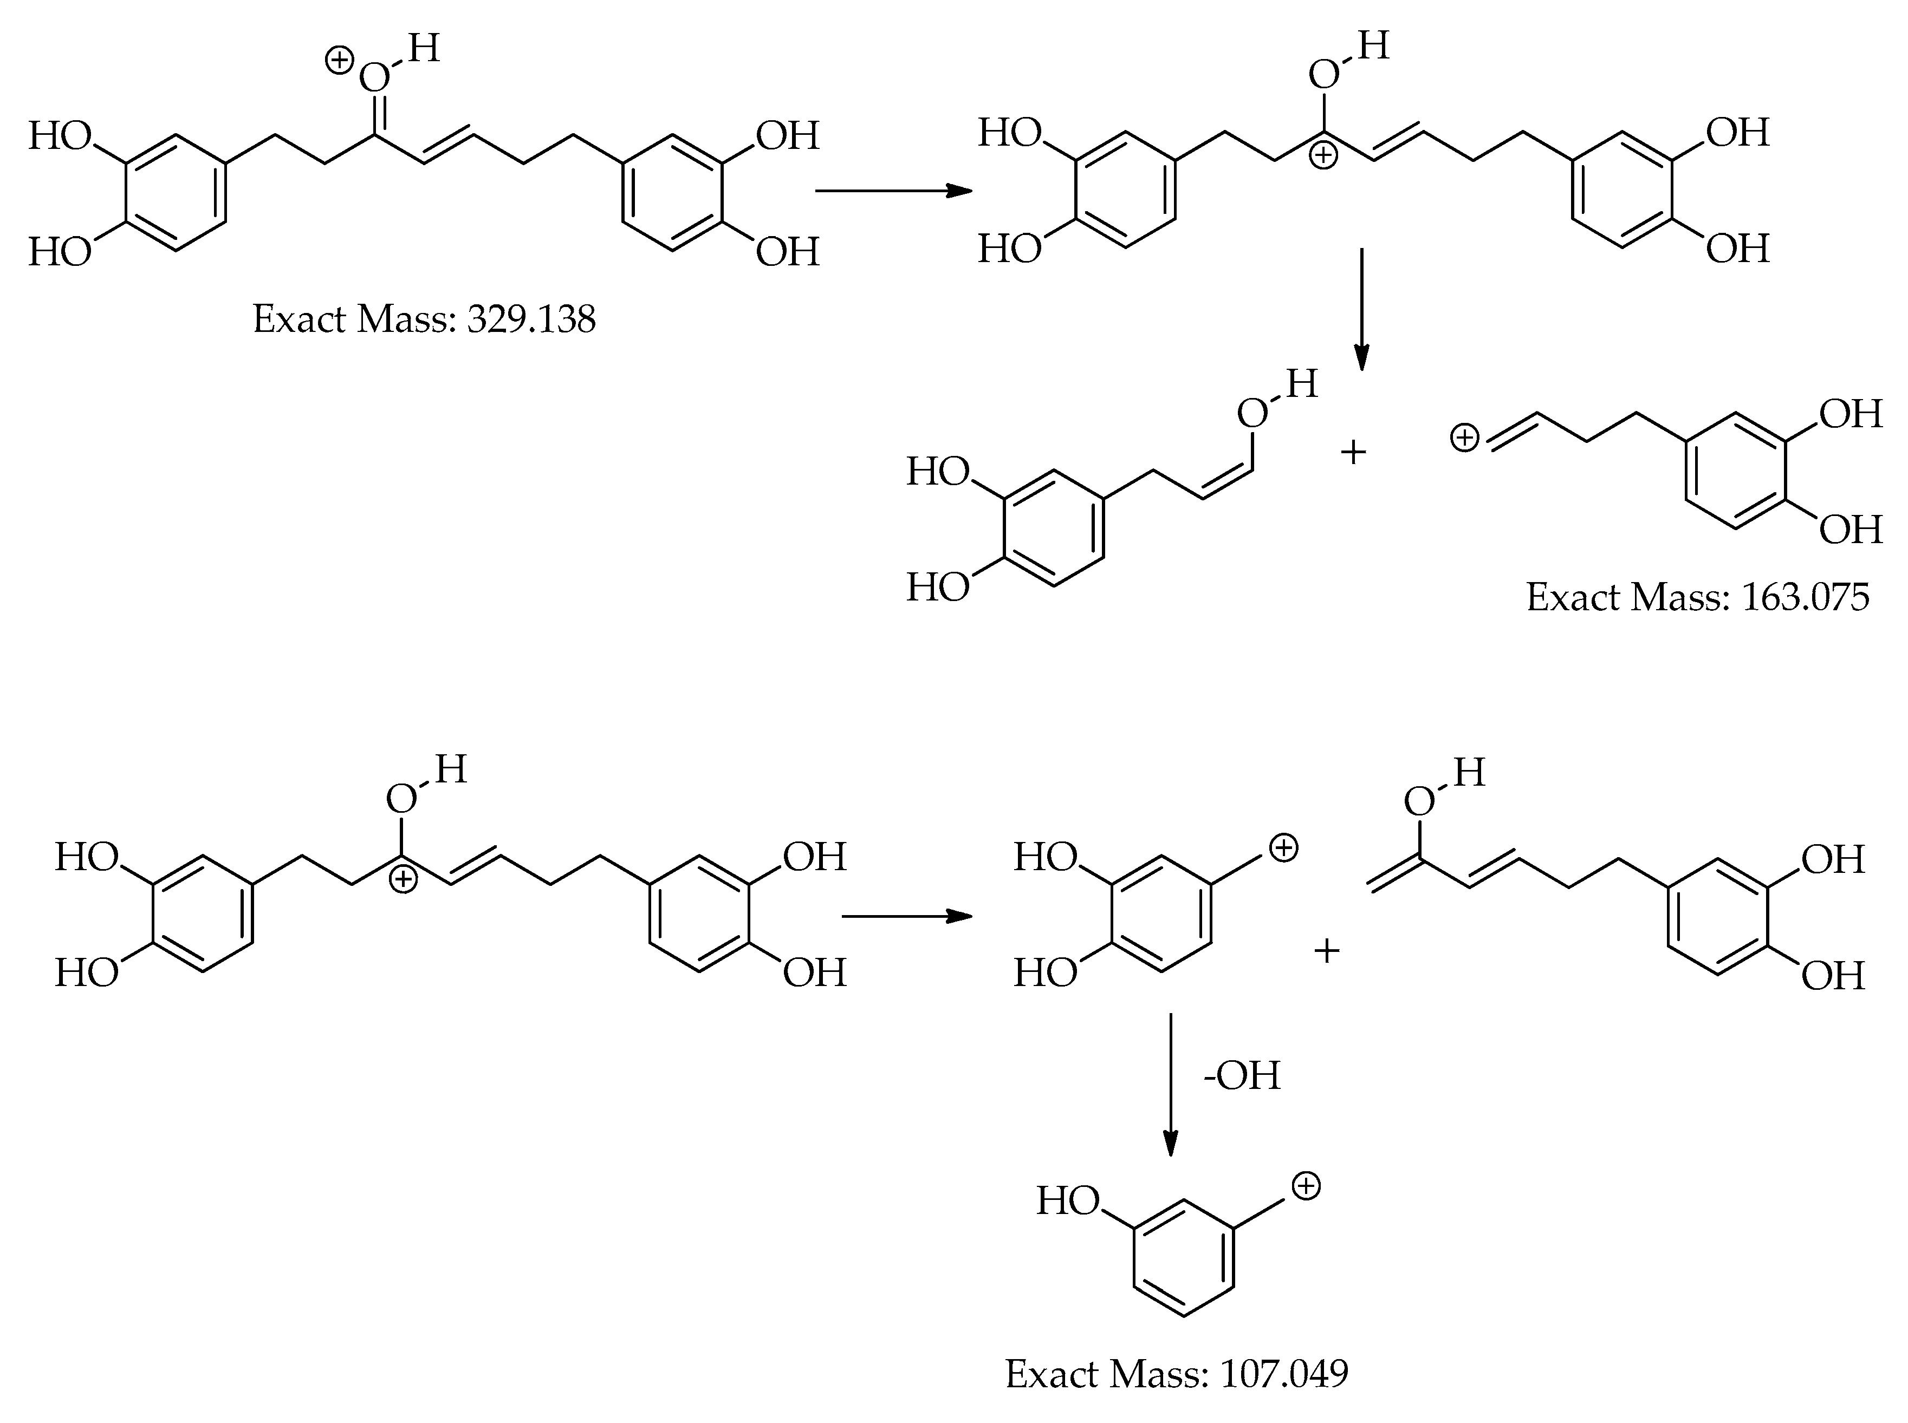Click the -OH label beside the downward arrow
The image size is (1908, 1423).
[1242, 1076]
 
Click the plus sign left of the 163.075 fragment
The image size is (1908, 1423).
[1354, 452]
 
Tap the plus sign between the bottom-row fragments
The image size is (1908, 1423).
[1326, 951]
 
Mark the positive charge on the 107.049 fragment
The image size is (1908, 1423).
[1307, 1186]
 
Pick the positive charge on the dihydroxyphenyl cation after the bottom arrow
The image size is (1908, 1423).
[1284, 848]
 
